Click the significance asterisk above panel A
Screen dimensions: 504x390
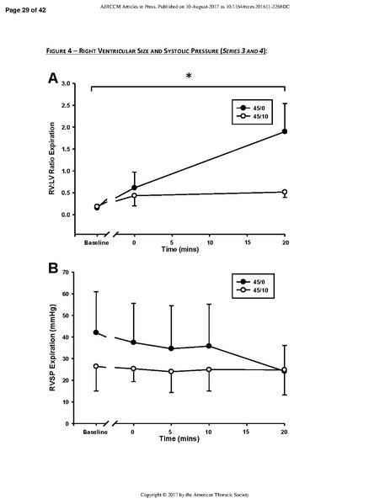coord(189,77)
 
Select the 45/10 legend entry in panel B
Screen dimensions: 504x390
coord(256,289)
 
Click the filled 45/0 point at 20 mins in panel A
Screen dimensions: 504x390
coord(285,131)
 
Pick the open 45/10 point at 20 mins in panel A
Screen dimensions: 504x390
coord(285,192)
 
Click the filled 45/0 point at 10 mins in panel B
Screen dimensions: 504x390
coord(209,346)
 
